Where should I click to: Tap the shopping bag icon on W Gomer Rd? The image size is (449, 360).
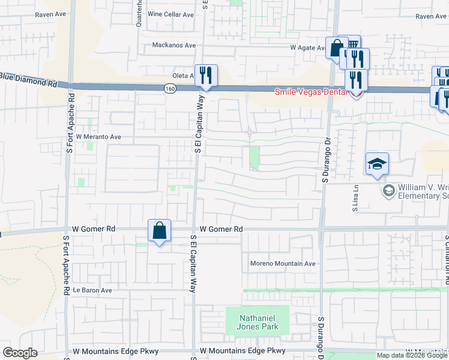(x=159, y=230)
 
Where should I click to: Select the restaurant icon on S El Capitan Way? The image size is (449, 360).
(x=205, y=75)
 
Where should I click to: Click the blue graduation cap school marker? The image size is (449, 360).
(x=376, y=164)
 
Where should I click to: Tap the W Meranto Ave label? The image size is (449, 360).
(x=98, y=137)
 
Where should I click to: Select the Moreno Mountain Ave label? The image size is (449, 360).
(x=282, y=263)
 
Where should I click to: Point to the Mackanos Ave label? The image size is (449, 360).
(x=174, y=45)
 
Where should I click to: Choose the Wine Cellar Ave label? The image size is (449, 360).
(x=170, y=14)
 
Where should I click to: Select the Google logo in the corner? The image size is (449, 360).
(x=20, y=353)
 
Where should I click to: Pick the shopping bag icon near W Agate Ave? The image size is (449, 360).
(x=336, y=47)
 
